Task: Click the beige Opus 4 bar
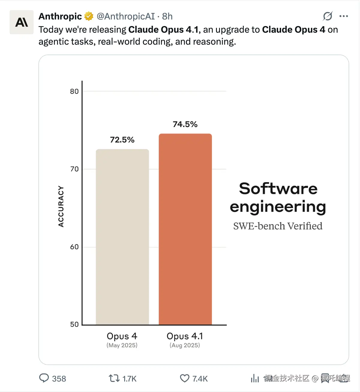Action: [x=122, y=237]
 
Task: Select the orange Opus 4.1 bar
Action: [x=185, y=229]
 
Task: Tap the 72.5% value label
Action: [x=122, y=140]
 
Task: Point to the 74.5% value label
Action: [x=185, y=124]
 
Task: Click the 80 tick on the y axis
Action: [x=74, y=91]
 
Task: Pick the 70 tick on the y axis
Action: [x=74, y=169]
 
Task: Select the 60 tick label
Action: [x=74, y=247]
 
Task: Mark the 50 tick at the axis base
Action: [x=74, y=325]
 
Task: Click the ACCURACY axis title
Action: [x=61, y=206]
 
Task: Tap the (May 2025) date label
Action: [x=122, y=345]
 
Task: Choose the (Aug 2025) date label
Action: [x=185, y=345]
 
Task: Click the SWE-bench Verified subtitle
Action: [x=278, y=226]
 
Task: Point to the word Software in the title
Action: [x=278, y=189]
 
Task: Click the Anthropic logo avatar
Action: [x=22, y=22]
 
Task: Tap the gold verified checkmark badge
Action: [x=89, y=16]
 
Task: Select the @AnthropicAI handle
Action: [x=126, y=16]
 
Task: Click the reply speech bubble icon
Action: [x=44, y=378]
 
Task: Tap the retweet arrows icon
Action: [x=114, y=378]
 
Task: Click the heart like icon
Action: [x=184, y=378]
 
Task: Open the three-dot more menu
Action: [x=343, y=16]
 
